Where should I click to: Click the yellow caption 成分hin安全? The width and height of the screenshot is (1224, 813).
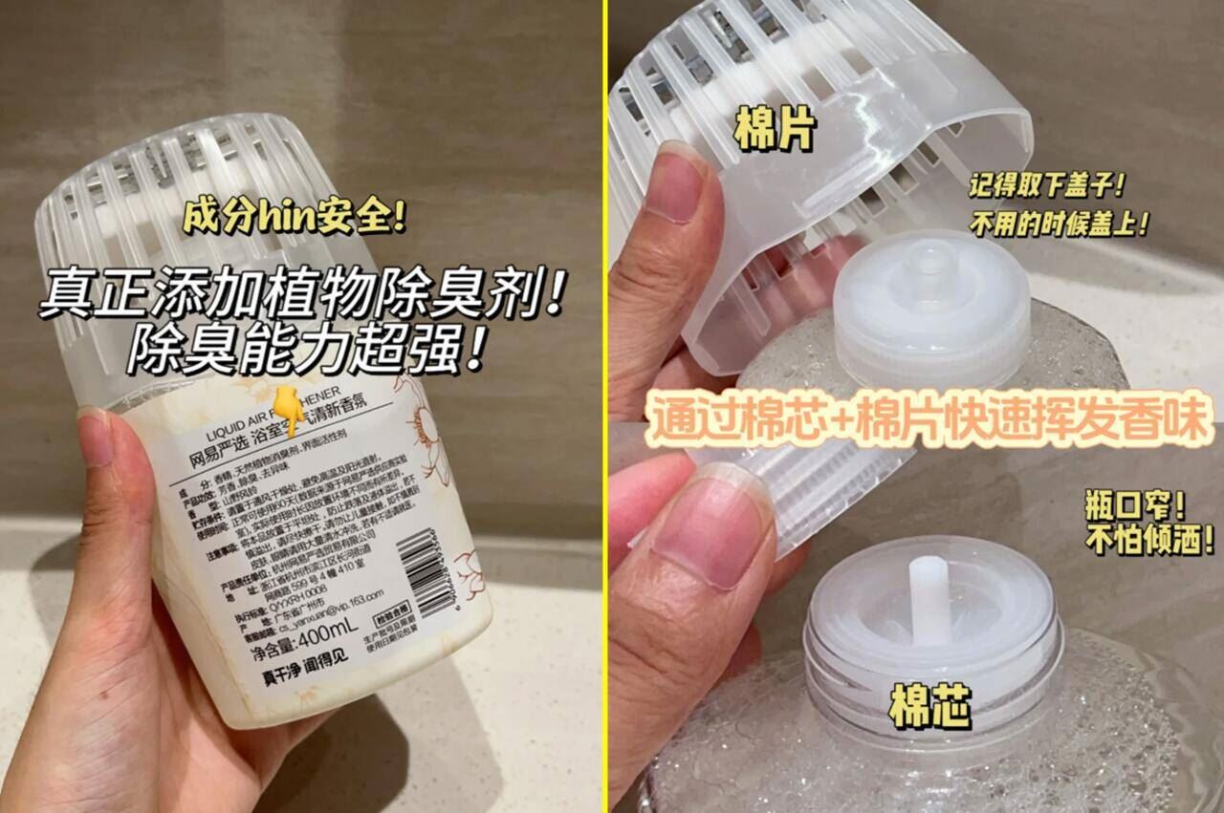click(294, 219)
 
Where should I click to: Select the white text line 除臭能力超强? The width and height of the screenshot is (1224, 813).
click(303, 351)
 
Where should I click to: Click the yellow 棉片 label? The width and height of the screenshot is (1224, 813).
click(775, 131)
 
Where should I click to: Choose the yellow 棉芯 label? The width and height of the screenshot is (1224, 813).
click(929, 708)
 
